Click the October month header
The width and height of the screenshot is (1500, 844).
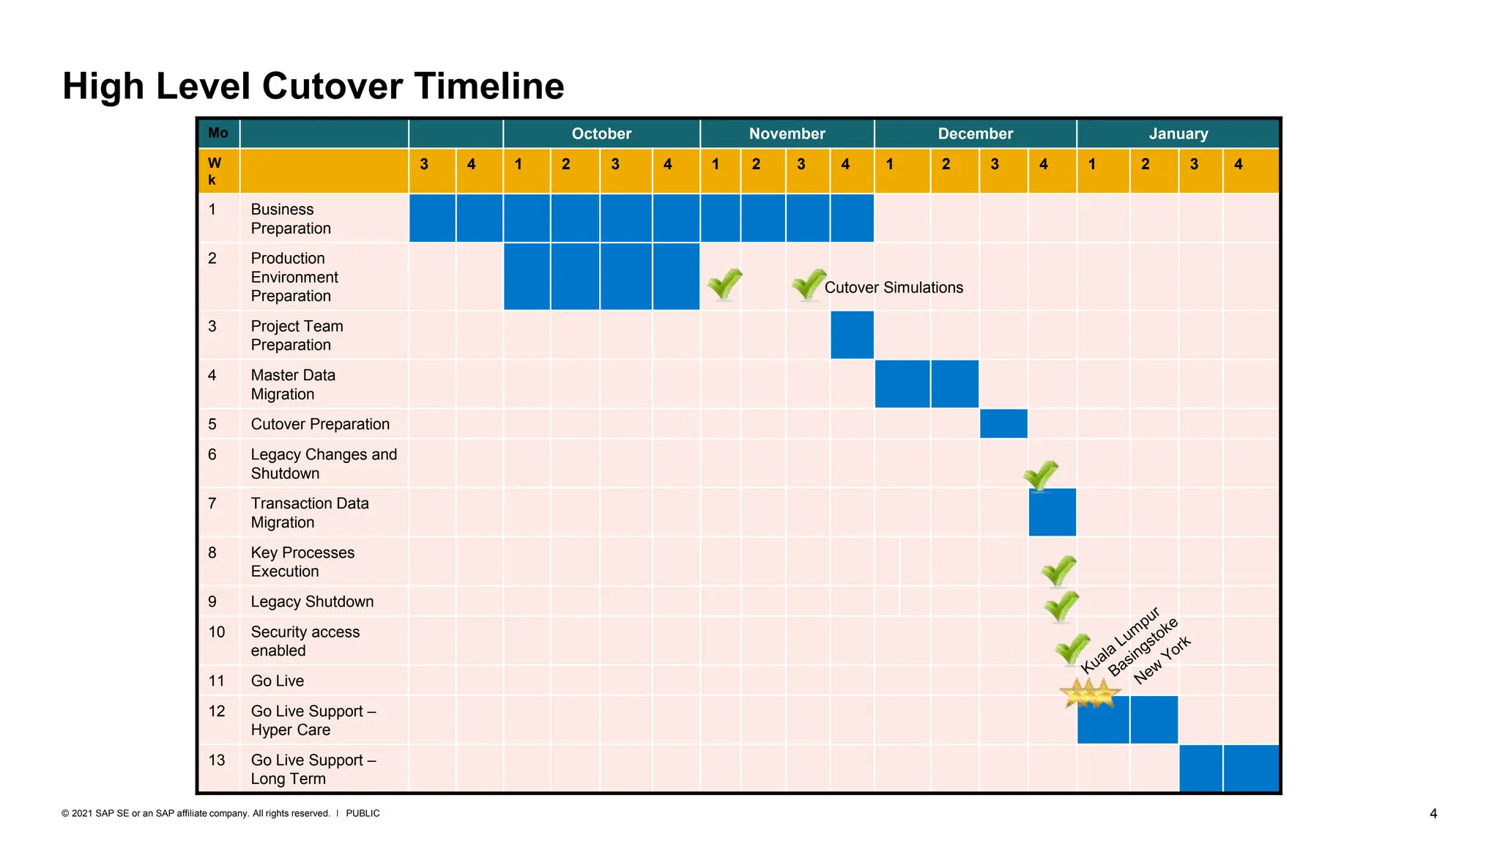coord(601,133)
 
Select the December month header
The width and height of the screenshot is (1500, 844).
coord(975,133)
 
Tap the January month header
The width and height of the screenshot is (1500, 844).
coord(1178,133)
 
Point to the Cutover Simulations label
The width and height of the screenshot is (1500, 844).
coord(894,287)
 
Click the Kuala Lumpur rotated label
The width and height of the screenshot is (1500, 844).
coord(1120,640)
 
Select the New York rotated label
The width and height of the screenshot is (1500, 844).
coord(1162,660)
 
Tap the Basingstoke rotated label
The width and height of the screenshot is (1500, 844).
coord(1143,647)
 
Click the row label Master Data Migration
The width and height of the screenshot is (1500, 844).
coord(293,385)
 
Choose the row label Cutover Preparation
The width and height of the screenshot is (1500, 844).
coord(320,424)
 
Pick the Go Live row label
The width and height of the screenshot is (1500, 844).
coord(277,681)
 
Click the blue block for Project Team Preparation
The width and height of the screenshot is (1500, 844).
coord(852,335)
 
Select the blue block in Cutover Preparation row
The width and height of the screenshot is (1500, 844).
coord(1003,423)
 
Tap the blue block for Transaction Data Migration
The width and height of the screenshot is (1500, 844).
coord(1052,512)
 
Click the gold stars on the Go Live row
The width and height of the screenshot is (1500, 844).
coord(1091,693)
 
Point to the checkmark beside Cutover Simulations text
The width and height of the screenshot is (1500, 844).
coord(809,284)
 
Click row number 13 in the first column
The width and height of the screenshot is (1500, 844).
coord(217,760)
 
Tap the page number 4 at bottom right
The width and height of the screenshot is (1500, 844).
coord(1433,813)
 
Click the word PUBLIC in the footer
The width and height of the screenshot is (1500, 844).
coord(363,813)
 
